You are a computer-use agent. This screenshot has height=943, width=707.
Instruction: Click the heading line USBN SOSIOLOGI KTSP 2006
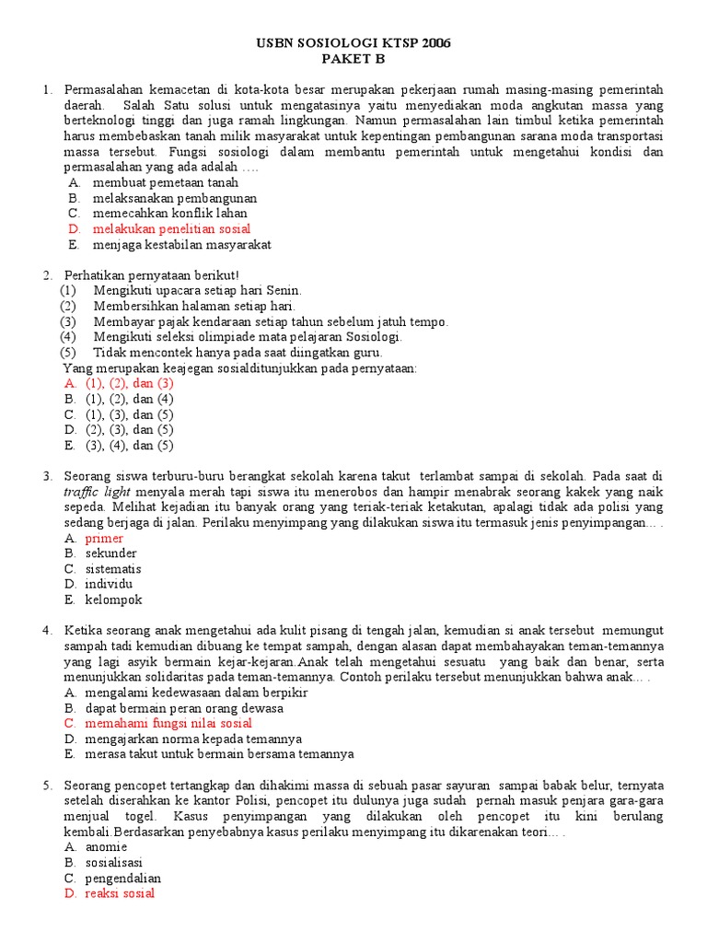point(353,43)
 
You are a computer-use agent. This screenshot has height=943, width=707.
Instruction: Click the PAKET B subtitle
point(353,59)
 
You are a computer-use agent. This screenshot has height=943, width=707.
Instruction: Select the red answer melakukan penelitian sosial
point(172,229)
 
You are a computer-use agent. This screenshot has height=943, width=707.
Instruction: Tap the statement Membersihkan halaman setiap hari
point(194,306)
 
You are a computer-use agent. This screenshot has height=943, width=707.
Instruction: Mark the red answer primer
point(104,538)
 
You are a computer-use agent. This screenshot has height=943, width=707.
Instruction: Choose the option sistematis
point(113,568)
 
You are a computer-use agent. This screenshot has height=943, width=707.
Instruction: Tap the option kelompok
point(113,600)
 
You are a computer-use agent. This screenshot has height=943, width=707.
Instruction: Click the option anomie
point(106,846)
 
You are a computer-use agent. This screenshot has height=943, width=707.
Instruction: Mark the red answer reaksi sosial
point(120,893)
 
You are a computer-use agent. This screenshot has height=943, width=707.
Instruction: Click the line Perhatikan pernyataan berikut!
point(151,275)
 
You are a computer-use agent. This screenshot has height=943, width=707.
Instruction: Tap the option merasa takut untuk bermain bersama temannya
point(219,754)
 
